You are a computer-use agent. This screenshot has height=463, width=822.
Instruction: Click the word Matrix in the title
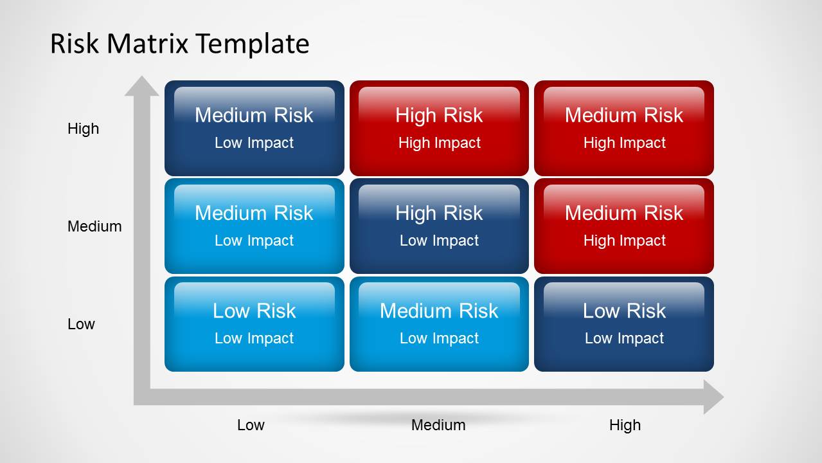(148, 44)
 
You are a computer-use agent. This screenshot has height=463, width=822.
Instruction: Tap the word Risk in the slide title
(75, 44)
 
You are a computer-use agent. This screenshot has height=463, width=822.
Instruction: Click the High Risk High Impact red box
(439, 128)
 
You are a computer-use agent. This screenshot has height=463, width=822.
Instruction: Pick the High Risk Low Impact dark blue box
(439, 226)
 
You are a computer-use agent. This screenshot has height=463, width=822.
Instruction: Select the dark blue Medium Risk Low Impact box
(255, 128)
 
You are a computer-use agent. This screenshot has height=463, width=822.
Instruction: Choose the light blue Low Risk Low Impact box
(255, 324)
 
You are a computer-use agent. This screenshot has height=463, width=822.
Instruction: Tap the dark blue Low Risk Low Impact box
(624, 324)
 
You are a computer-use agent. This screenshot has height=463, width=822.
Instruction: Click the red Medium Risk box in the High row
(624, 128)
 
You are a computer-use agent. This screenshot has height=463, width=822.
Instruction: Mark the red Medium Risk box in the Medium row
(624, 226)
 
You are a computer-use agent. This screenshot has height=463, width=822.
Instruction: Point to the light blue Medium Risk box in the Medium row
(255, 226)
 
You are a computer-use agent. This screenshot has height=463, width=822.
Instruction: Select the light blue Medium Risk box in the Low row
(439, 324)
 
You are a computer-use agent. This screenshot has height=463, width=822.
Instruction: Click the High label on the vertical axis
(84, 129)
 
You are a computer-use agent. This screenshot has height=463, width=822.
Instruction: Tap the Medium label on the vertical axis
(94, 226)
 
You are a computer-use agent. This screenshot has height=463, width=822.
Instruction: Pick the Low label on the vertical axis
(81, 324)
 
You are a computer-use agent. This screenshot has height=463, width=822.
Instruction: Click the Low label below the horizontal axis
(251, 425)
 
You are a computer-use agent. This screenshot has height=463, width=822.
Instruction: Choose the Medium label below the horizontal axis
(438, 425)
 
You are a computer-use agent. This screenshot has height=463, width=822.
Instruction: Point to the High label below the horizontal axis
(625, 425)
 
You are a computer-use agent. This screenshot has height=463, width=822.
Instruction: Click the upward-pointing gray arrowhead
(141, 87)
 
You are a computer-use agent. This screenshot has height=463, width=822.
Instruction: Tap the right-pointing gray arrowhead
(713, 397)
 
